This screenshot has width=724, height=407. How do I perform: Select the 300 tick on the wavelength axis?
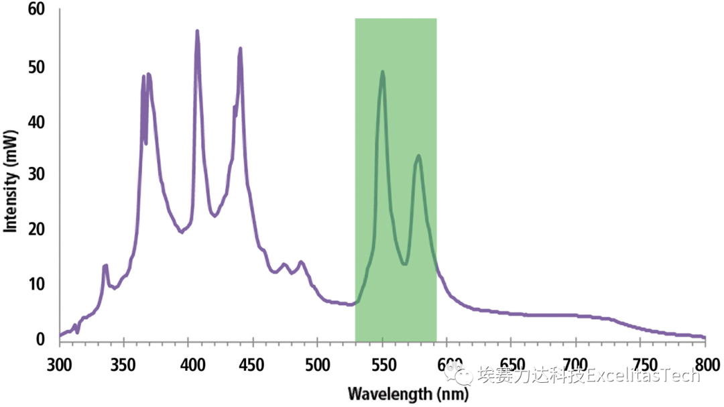[59, 364]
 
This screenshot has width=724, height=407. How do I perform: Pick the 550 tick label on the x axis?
[382, 364]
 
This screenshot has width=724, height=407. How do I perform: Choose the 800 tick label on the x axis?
[705, 364]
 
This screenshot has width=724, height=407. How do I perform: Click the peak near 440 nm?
[240, 48]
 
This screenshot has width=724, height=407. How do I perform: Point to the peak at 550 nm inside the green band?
[382, 72]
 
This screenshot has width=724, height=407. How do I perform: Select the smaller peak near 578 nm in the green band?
[418, 156]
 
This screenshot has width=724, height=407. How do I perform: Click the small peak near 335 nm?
[105, 266]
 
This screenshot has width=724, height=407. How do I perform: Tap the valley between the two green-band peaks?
[404, 264]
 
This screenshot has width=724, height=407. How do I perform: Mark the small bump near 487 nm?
[301, 261]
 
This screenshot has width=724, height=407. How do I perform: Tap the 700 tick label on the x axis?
[576, 364]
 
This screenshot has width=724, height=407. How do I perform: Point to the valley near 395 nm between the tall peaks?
[182, 232]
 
